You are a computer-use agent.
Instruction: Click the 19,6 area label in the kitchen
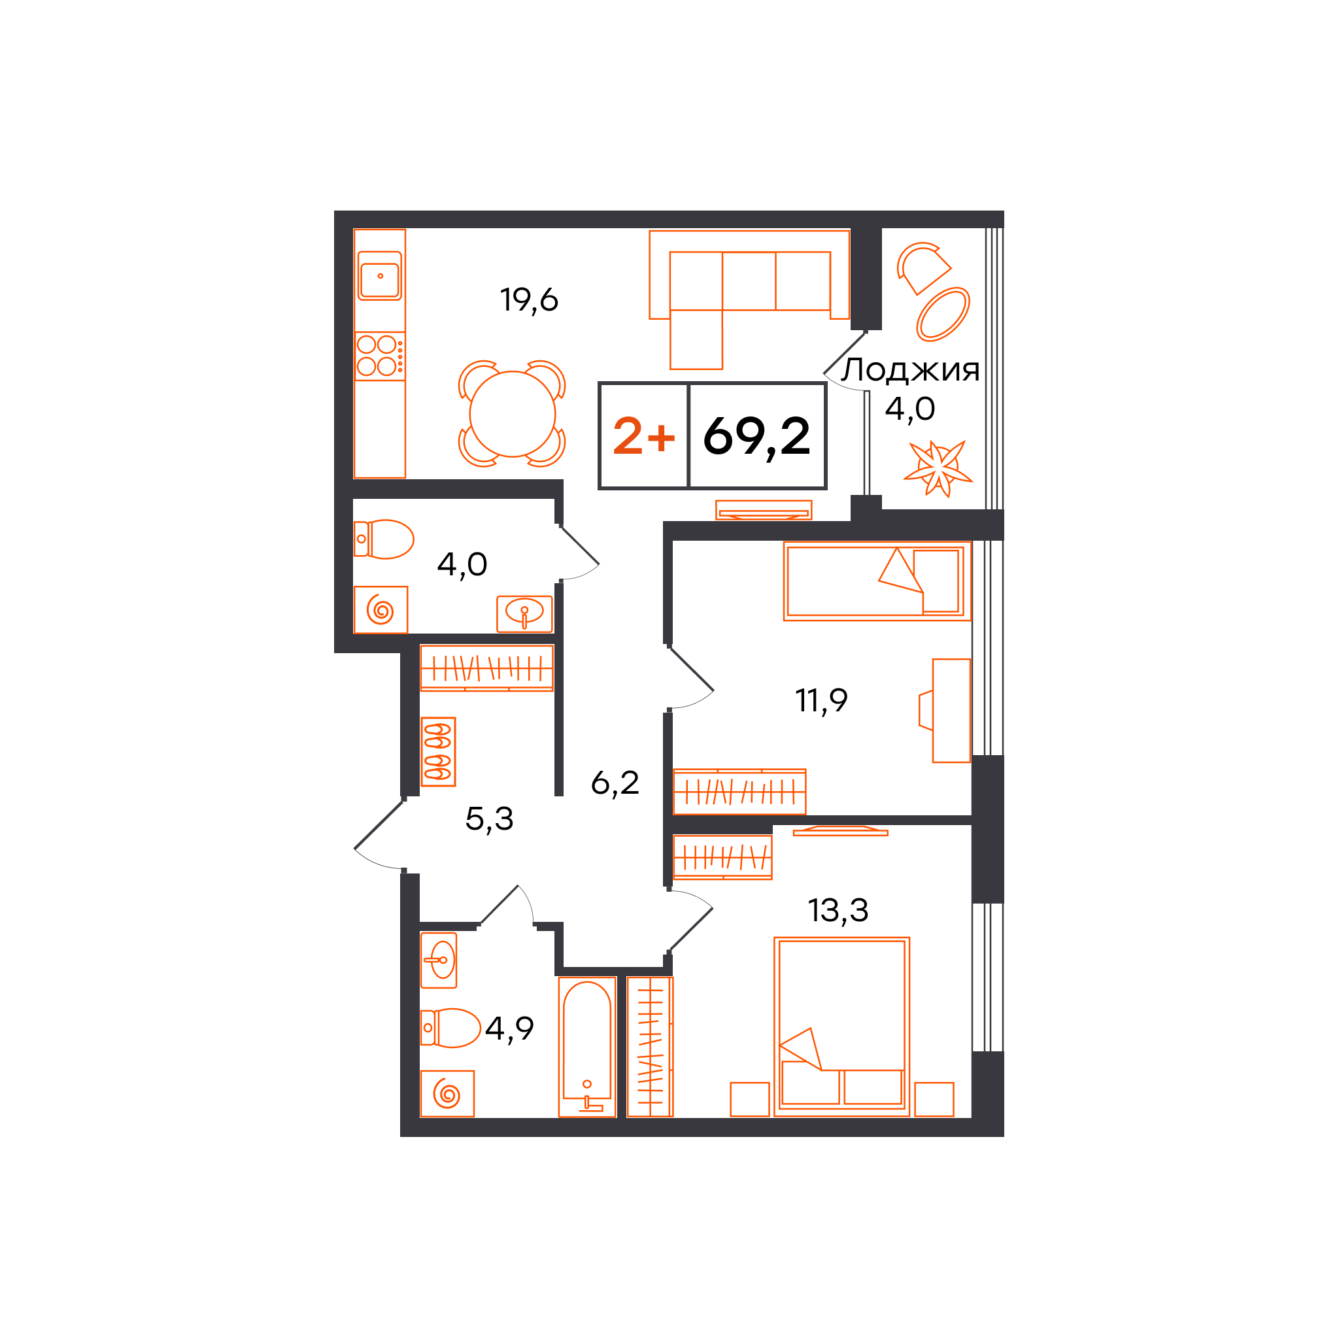(x=529, y=300)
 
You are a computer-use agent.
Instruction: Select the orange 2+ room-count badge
(x=644, y=436)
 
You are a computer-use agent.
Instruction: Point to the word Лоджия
(x=910, y=370)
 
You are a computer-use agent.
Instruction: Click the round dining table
(x=512, y=414)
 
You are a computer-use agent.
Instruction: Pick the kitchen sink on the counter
(x=380, y=276)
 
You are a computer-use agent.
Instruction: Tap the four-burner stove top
(x=380, y=356)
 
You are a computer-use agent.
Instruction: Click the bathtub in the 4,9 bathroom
(x=587, y=1047)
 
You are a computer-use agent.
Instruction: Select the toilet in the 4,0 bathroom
(x=384, y=539)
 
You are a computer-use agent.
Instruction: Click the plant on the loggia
(x=938, y=469)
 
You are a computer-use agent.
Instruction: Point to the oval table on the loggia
(x=943, y=314)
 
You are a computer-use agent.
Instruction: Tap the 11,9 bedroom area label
(x=821, y=700)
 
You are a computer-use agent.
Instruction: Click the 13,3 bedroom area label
(x=838, y=910)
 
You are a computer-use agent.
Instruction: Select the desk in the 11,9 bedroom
(x=951, y=711)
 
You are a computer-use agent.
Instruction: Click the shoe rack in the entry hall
(x=438, y=751)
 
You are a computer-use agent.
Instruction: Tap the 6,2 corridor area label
(x=615, y=783)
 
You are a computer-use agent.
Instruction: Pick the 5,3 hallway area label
(x=489, y=819)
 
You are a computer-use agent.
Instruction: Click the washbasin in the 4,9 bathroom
(x=439, y=960)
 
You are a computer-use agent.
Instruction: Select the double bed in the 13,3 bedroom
(x=841, y=1026)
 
